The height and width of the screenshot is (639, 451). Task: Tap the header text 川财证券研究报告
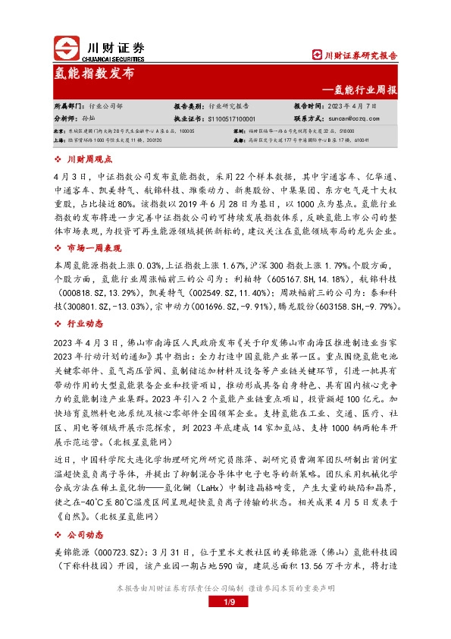pos(360,55)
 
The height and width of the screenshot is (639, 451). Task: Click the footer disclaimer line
pos(225,589)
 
